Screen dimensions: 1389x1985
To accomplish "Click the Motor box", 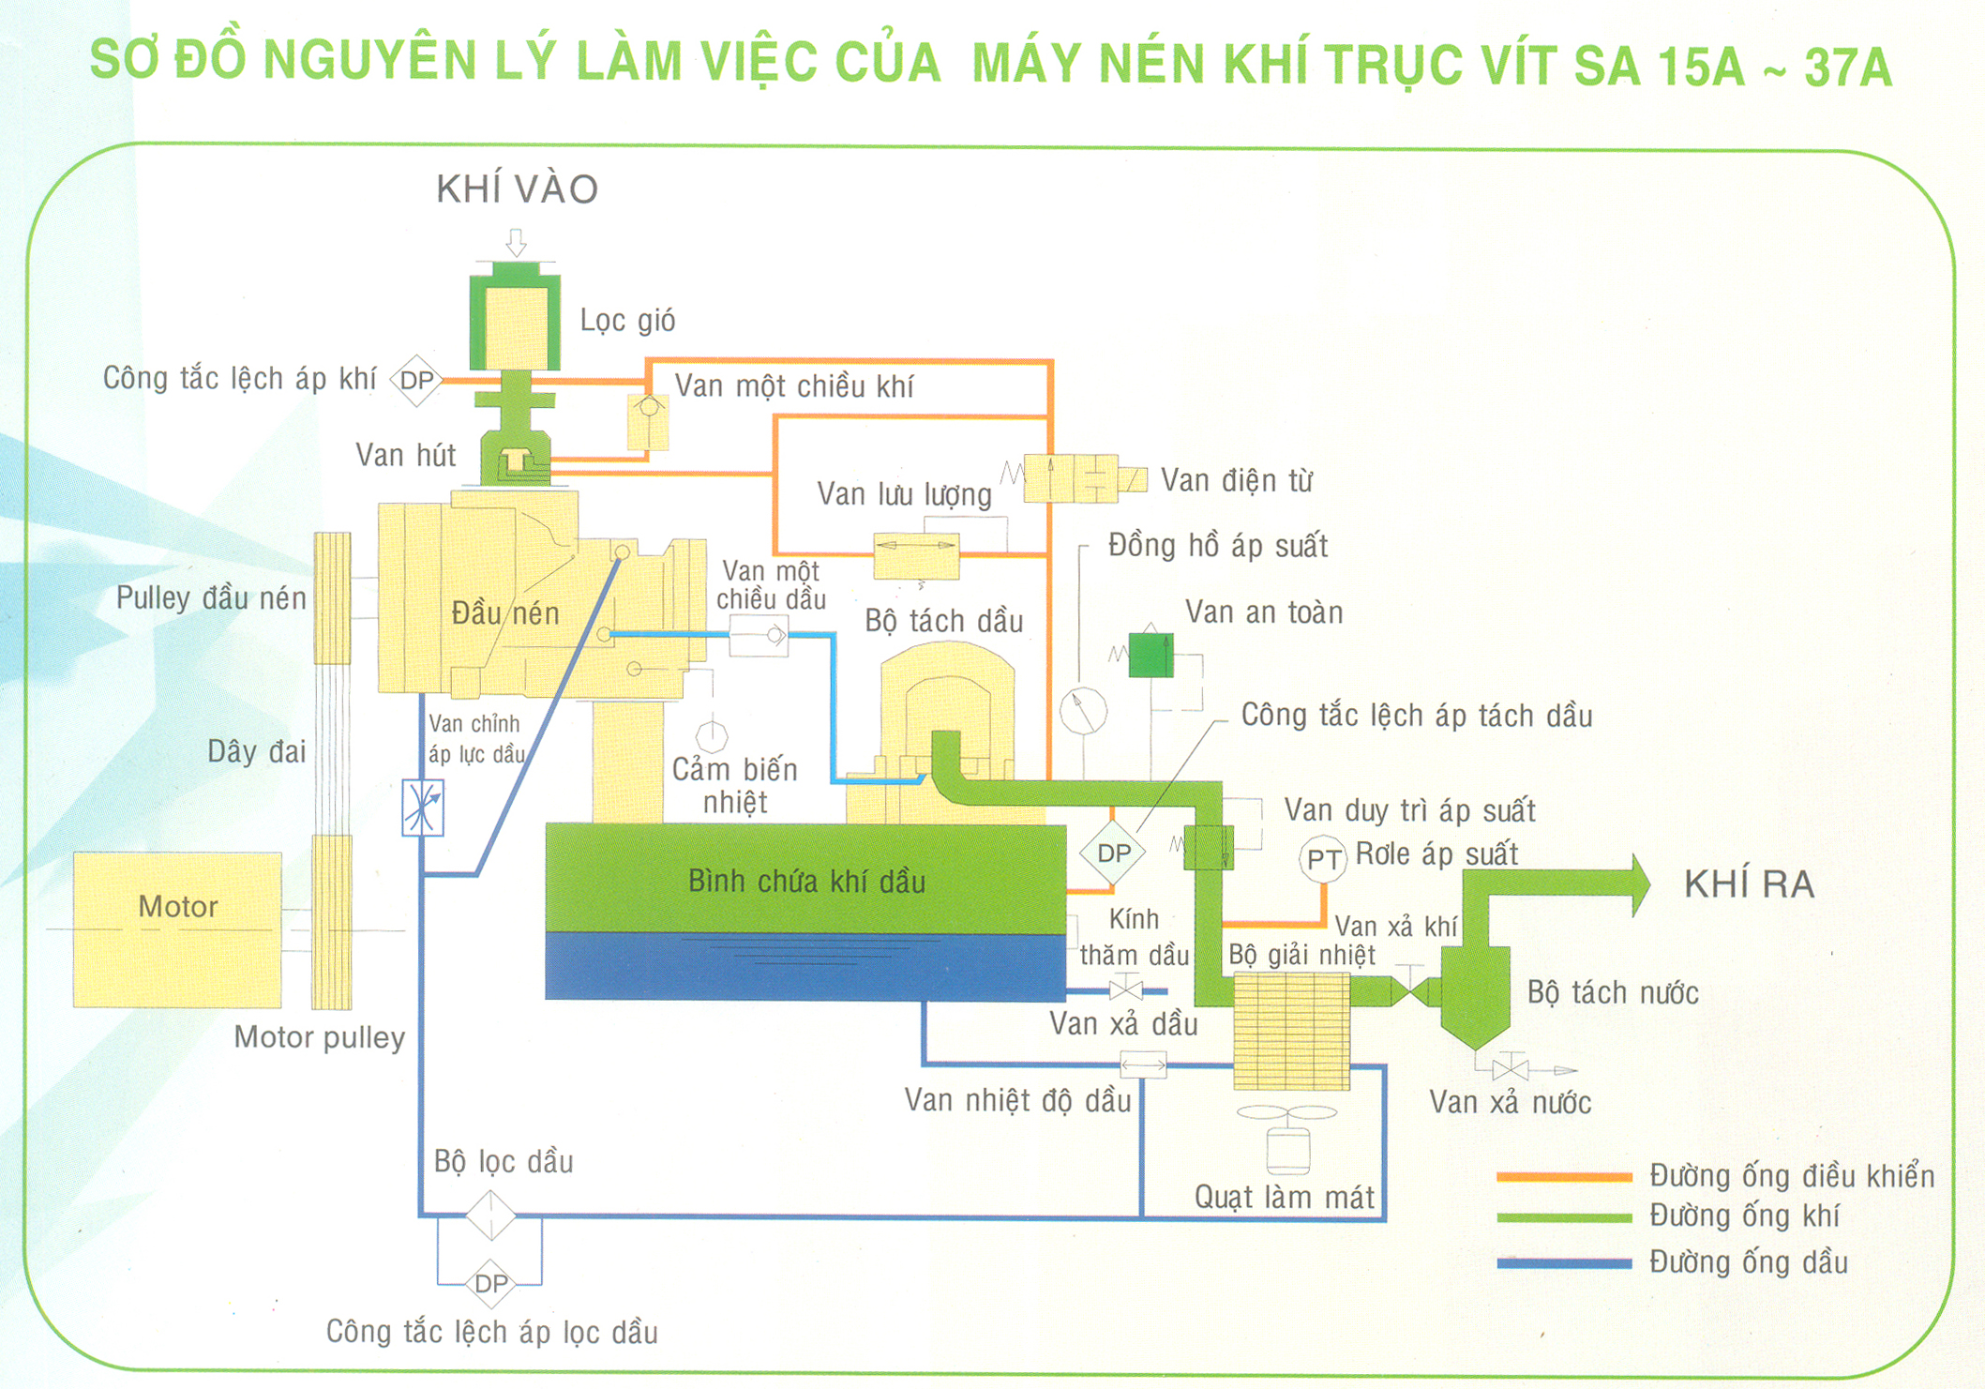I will tap(177, 929).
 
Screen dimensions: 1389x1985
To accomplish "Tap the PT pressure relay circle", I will tap(1323, 858).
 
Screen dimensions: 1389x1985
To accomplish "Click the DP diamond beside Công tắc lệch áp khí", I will tap(416, 380).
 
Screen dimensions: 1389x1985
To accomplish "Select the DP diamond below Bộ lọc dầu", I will tap(490, 1283).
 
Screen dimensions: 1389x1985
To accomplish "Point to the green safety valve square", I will tap(1150, 655).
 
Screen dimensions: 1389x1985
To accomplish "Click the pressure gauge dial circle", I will tap(1083, 711).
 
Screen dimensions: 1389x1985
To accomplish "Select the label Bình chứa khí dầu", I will tap(806, 882).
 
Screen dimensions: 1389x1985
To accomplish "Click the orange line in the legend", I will tap(1563, 1176).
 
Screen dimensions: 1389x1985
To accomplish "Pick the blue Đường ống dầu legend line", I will tap(1563, 1262).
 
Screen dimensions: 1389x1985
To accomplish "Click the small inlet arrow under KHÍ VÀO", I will tap(516, 242).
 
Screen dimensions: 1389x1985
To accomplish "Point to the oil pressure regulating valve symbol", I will tap(423, 807).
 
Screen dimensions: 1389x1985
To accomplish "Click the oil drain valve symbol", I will tap(1125, 989).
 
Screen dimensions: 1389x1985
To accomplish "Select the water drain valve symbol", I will tap(1510, 1068).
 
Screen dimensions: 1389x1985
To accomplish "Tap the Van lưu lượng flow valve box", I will tap(916, 554).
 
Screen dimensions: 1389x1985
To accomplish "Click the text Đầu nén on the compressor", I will tap(505, 613).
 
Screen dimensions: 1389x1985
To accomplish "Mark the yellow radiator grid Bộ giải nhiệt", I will tap(1291, 1030).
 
